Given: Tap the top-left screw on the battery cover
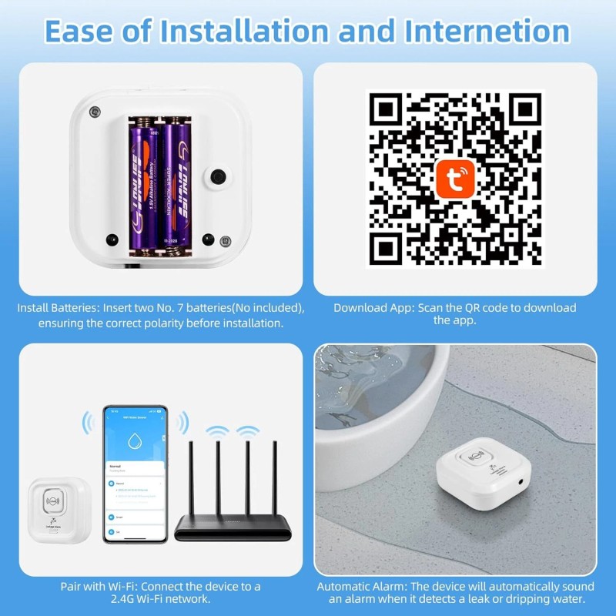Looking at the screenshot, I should point(95,112).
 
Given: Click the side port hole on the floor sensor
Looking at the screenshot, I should point(523,480).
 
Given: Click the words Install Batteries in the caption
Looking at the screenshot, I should point(62,308).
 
